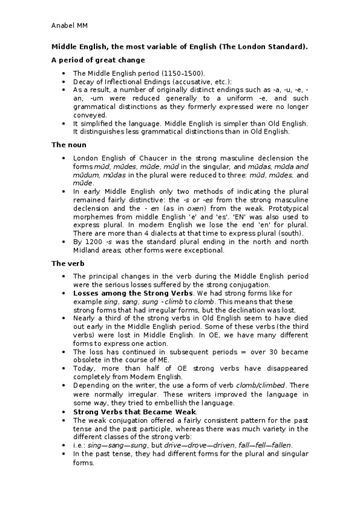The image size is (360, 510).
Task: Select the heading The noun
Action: coord(69,145)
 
